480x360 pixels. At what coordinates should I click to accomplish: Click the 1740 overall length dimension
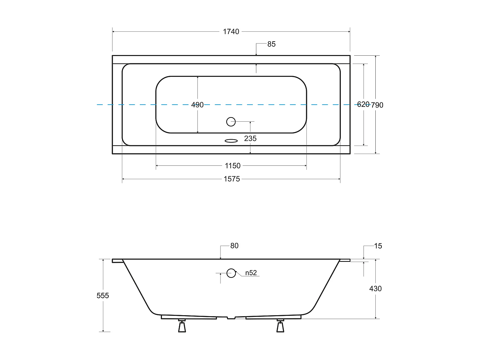pyautogui.click(x=231, y=32)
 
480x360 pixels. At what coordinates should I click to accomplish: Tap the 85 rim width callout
pyautogui.click(x=271, y=44)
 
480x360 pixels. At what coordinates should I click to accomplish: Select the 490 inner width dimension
pyautogui.click(x=197, y=105)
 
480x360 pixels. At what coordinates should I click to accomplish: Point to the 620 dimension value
pyautogui.click(x=363, y=104)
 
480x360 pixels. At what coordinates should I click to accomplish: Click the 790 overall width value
pyautogui.click(x=377, y=105)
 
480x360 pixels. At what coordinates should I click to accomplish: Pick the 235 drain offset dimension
pyautogui.click(x=250, y=139)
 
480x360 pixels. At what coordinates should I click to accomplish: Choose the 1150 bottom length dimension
pyautogui.click(x=233, y=166)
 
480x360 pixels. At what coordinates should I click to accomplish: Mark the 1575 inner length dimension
pyautogui.click(x=232, y=179)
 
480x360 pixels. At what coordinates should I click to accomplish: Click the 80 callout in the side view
pyautogui.click(x=234, y=246)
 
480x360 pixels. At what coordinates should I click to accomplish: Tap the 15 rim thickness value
pyautogui.click(x=378, y=246)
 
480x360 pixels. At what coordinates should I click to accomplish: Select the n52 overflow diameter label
pyautogui.click(x=251, y=273)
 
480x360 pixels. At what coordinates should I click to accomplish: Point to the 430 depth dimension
pyautogui.click(x=375, y=289)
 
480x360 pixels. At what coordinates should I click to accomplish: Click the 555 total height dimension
pyautogui.click(x=103, y=296)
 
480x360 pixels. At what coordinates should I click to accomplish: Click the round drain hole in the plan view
pyautogui.click(x=231, y=122)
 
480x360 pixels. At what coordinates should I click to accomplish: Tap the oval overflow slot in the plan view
pyautogui.click(x=231, y=140)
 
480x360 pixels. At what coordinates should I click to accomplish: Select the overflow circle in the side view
pyautogui.click(x=231, y=273)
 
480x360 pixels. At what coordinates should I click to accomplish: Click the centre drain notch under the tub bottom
pyautogui.click(x=231, y=318)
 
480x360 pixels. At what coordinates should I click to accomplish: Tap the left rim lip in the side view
pyautogui.click(x=117, y=261)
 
